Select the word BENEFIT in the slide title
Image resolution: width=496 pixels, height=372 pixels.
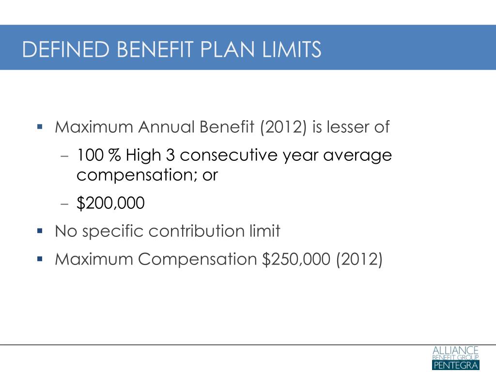click(x=150, y=49)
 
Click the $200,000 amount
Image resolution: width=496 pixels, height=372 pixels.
click(x=110, y=203)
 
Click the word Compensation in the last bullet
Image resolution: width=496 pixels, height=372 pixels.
click(x=197, y=260)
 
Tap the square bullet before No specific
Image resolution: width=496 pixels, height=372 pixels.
click(x=40, y=231)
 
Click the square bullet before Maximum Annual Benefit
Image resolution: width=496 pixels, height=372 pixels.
click(x=40, y=127)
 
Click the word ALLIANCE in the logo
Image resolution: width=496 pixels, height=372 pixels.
click(x=455, y=350)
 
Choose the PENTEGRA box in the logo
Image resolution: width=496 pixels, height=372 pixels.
click(x=455, y=365)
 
